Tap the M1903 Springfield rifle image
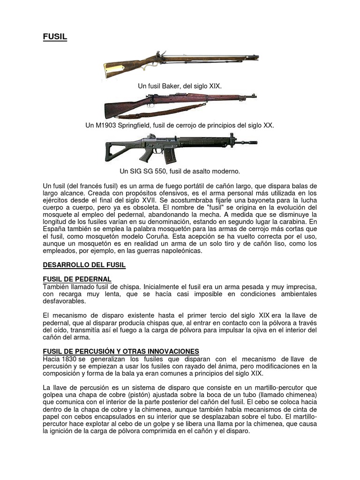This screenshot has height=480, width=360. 180,104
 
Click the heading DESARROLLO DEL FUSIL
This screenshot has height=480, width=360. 84,265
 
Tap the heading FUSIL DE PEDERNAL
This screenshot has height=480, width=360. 77,279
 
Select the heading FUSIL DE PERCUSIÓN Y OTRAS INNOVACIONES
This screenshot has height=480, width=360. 121,351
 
